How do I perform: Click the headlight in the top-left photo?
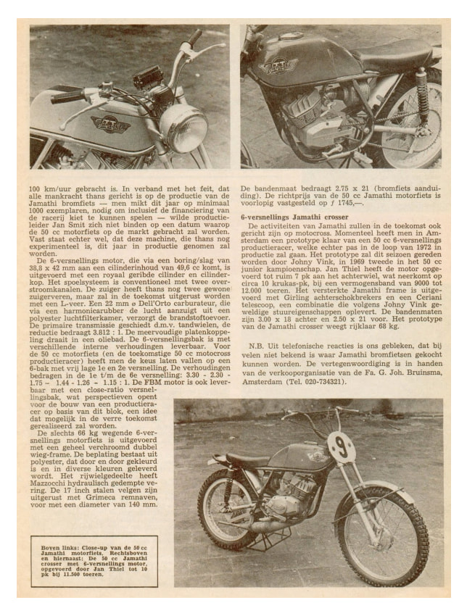pos(183,127)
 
